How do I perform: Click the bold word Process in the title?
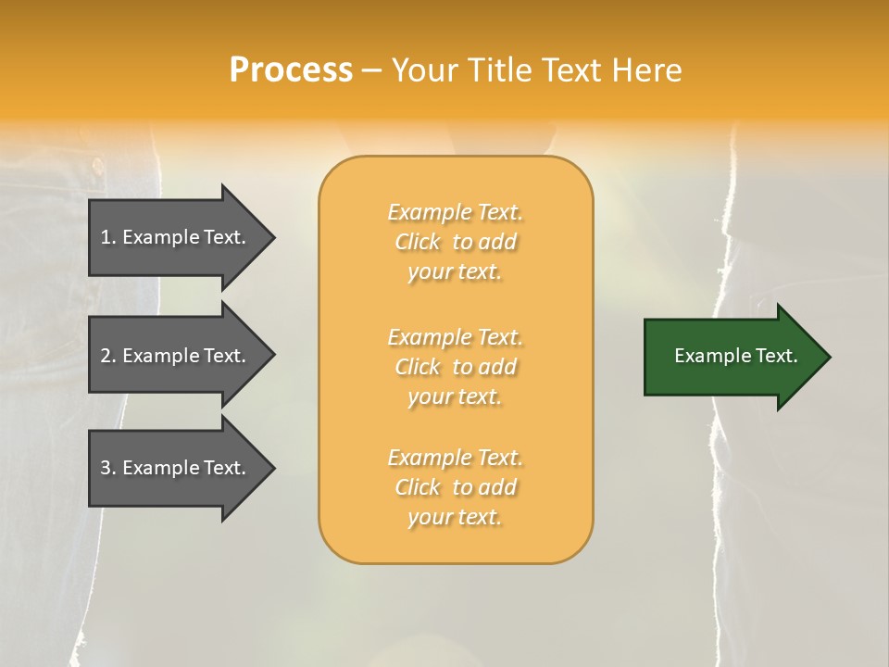[291, 70]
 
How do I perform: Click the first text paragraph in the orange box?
[456, 242]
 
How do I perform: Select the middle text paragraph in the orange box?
[456, 367]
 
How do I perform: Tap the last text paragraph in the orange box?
[456, 487]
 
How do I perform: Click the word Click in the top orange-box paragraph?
[418, 242]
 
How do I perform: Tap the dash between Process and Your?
[371, 70]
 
